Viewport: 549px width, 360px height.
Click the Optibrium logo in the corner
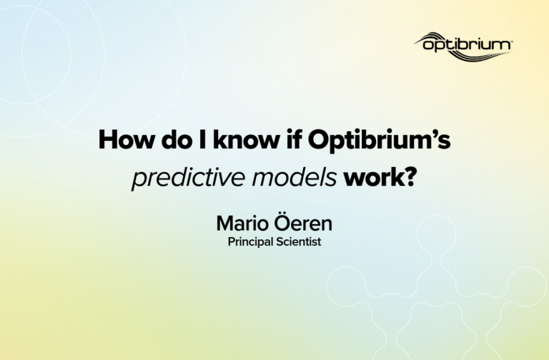tap(463, 46)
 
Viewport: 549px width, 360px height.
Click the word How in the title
tap(127, 139)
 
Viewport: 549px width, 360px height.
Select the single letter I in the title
tap(202, 139)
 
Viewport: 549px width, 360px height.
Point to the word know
tap(246, 139)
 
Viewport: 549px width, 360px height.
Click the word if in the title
tap(293, 139)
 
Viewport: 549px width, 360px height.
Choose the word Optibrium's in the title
tap(379, 140)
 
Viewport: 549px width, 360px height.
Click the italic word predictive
tap(188, 177)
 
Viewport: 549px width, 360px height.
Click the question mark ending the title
tap(410, 177)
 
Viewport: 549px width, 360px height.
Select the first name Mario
tap(242, 223)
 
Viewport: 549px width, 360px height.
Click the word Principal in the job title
tap(250, 242)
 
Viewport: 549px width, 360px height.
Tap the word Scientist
tap(298, 241)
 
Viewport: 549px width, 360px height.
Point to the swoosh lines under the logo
tap(473, 56)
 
